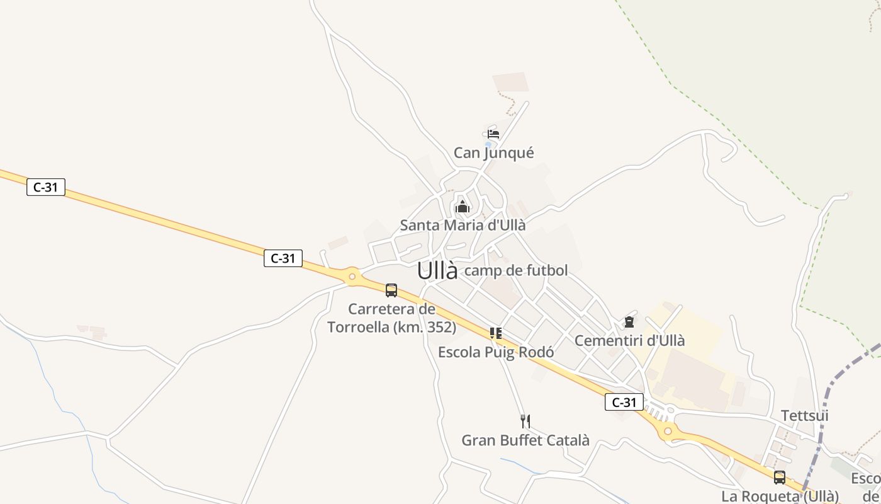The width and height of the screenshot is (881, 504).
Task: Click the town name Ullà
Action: tap(437, 271)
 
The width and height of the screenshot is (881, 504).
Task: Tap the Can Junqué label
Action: tap(494, 153)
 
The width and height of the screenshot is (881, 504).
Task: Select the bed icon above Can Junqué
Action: tap(493, 134)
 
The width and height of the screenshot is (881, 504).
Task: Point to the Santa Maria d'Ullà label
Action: tap(463, 225)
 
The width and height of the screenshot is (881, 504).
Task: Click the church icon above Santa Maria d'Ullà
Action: tap(463, 206)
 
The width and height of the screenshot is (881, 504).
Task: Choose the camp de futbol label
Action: tap(515, 271)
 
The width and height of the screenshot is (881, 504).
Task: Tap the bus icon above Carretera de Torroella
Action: tap(391, 290)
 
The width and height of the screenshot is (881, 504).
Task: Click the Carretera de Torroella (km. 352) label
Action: tap(391, 318)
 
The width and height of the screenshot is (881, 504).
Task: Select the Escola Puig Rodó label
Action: tap(496, 352)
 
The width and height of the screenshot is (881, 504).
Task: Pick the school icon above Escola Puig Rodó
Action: tap(496, 333)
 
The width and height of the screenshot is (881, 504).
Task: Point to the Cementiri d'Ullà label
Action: tap(629, 341)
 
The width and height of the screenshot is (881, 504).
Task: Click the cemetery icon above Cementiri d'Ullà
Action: tap(629, 323)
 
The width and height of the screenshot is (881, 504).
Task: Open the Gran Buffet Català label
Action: tap(525, 440)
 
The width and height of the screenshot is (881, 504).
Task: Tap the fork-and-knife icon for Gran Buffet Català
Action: tap(525, 421)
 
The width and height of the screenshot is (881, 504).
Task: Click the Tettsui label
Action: tap(804, 416)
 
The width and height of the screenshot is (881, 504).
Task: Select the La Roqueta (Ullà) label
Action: tap(780, 496)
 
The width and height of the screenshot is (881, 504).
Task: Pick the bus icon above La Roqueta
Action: tap(780, 478)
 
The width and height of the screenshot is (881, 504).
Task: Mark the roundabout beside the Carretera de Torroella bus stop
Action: tap(352, 276)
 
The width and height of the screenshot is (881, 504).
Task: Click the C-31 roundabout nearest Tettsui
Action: tap(668, 432)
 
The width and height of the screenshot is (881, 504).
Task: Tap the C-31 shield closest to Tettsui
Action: tap(624, 402)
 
